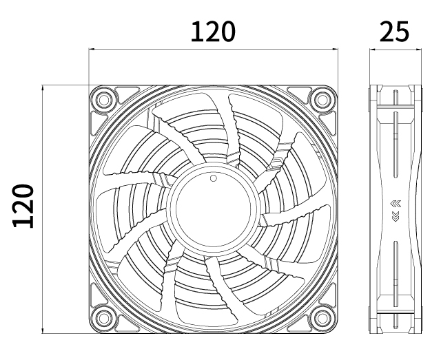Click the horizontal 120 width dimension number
click(x=213, y=31)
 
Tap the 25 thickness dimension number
click(x=393, y=31)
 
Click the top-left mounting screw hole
click(x=103, y=99)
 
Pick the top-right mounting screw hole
click(x=321, y=99)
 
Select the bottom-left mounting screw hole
click(x=103, y=318)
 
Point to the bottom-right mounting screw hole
click(x=321, y=318)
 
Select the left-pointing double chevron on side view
click(x=395, y=204)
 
